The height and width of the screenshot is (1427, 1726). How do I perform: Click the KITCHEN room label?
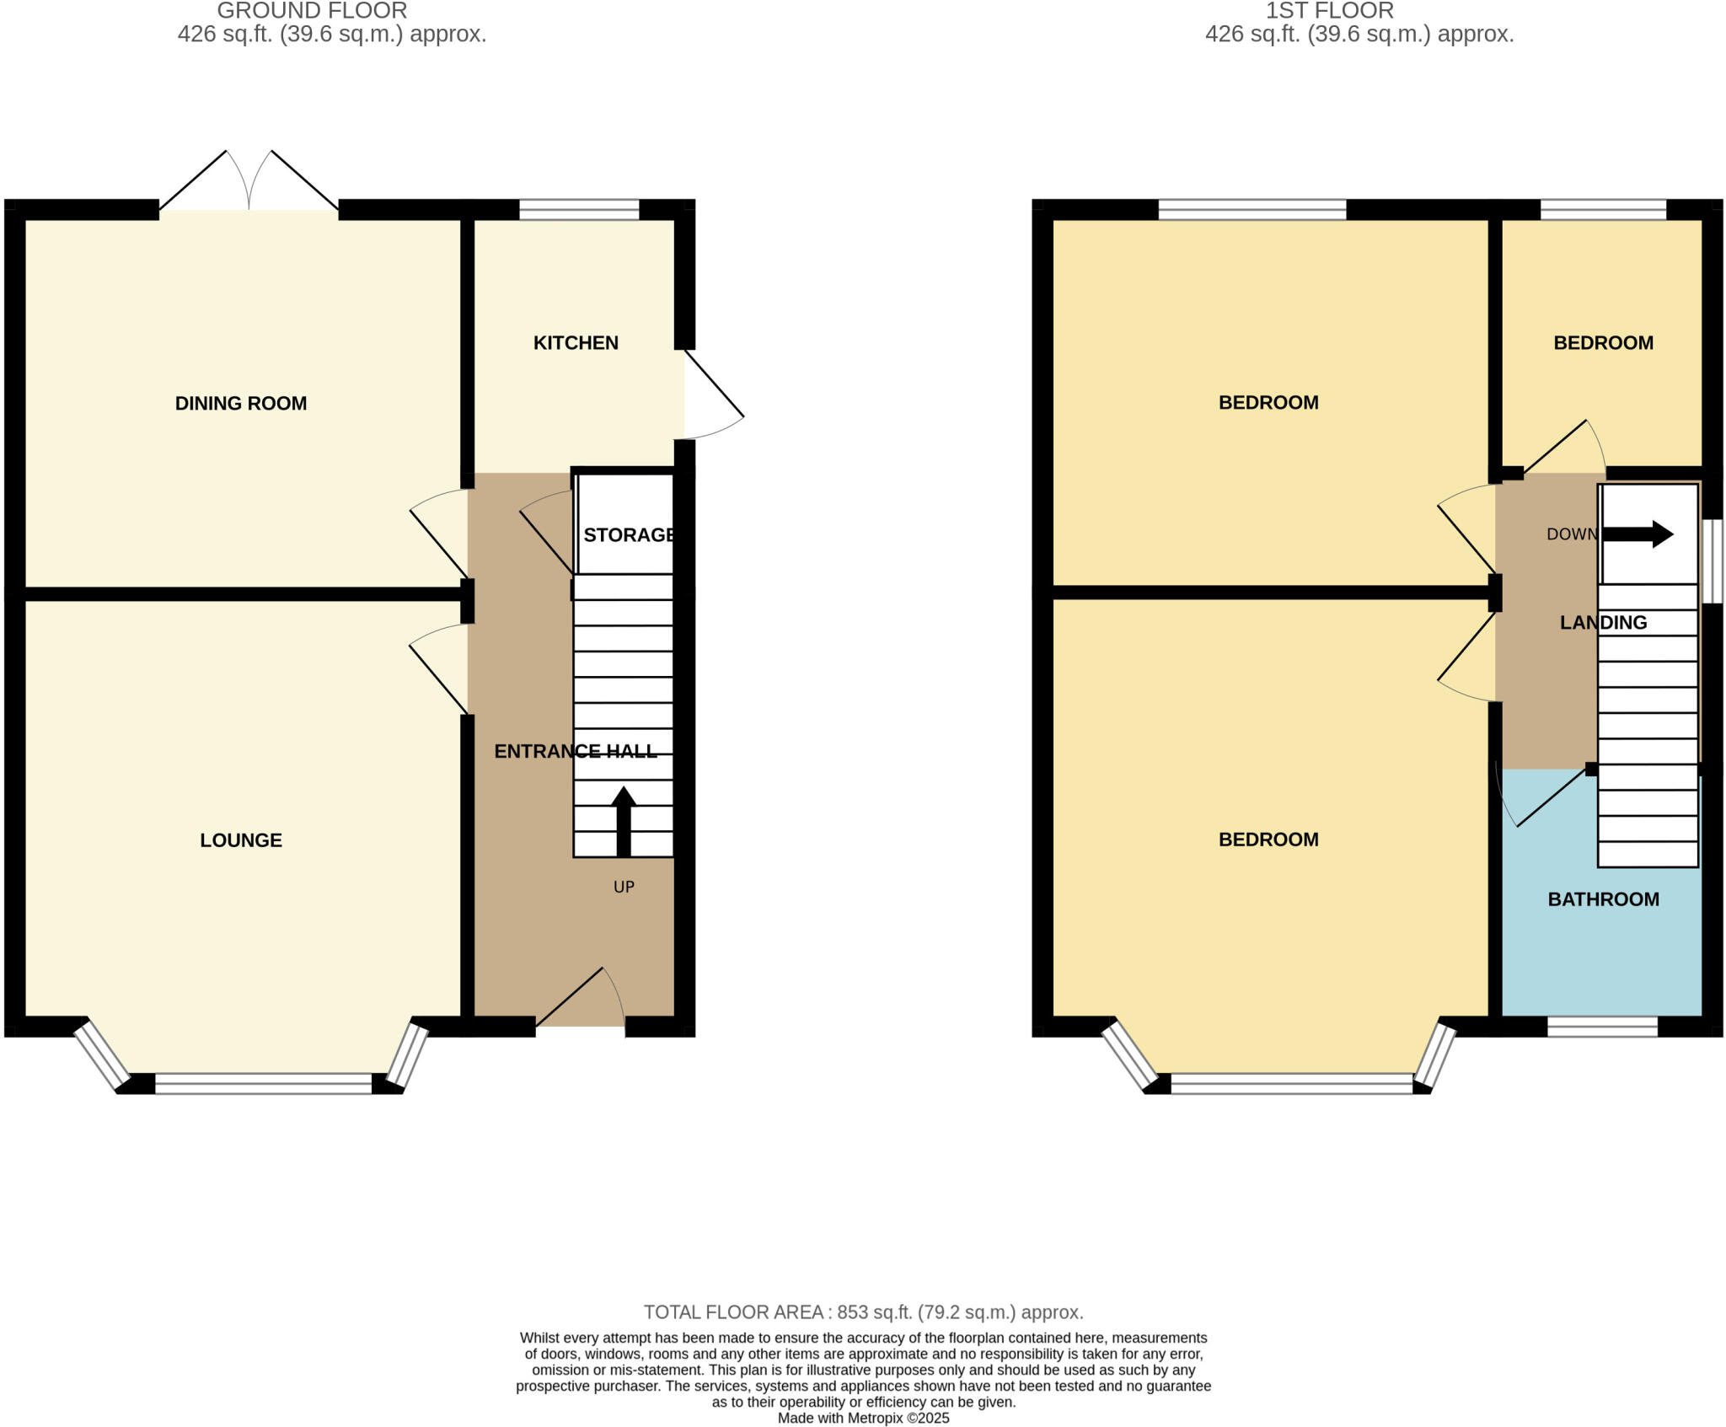pos(576,342)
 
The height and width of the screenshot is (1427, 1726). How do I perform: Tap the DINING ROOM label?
pos(240,403)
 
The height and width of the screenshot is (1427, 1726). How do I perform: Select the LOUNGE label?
pos(240,840)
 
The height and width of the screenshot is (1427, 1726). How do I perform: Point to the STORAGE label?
pos(629,534)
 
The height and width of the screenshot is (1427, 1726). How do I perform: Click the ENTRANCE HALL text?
pos(575,751)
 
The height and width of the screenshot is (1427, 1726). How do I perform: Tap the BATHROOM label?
pos(1603,899)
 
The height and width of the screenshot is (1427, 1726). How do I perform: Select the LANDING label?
pos(1603,622)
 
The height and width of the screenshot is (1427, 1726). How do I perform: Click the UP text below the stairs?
pos(624,887)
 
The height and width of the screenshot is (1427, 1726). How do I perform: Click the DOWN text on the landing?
pos(1571,534)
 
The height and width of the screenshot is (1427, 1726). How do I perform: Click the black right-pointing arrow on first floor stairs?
pos(1638,534)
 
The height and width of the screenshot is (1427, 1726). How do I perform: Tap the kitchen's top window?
pos(579,209)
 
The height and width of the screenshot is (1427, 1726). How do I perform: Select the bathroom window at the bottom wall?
pos(1602,1026)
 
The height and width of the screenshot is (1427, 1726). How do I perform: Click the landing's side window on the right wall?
pos(1713,561)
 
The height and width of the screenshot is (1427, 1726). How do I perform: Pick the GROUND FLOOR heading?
pos(312,11)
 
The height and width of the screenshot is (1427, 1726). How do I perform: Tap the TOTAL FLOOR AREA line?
pos(863,1312)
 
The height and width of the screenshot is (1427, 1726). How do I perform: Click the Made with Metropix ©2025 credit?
pos(863,1419)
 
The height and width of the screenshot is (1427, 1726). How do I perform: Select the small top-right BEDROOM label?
pos(1603,342)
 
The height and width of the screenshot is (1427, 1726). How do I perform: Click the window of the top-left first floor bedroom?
pos(1252,209)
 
